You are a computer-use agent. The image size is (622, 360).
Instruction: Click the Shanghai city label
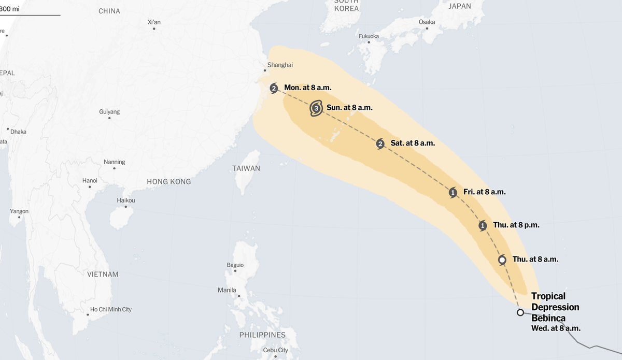tap(280, 65)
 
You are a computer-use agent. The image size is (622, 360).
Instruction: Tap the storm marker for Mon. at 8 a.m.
tap(274, 88)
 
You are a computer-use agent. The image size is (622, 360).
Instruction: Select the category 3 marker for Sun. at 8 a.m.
tap(316, 108)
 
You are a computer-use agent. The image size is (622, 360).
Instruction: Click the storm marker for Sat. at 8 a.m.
tap(380, 143)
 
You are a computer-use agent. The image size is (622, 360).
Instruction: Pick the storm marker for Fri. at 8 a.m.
tap(453, 193)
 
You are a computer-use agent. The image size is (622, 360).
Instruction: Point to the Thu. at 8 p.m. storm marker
tap(483, 225)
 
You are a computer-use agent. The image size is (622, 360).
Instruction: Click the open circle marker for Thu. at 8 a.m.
tap(502, 260)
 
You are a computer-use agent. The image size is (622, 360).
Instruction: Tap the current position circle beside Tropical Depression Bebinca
tap(520, 312)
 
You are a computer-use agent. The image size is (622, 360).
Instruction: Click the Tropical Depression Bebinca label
tap(555, 307)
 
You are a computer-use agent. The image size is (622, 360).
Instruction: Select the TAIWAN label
tap(246, 168)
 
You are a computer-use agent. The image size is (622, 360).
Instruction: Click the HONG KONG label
tap(168, 182)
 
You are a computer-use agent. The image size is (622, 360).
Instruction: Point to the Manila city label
tap(227, 290)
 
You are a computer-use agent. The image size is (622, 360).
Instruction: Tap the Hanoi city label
tap(90, 180)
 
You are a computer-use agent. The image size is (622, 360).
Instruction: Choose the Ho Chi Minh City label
tap(111, 309)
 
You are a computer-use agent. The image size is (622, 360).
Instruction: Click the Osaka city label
tap(427, 22)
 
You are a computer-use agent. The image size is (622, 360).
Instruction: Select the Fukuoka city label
tap(369, 36)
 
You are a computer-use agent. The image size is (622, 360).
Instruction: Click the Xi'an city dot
tap(154, 28)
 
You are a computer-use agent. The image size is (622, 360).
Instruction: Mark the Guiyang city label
tap(109, 112)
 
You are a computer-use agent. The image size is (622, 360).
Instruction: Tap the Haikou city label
tap(126, 200)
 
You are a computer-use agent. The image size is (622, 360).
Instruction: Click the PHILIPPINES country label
tap(262, 335)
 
